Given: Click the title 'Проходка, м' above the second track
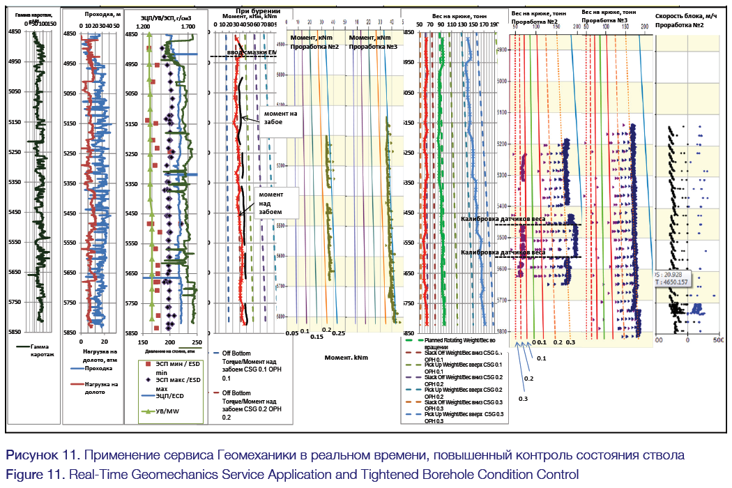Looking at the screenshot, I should [x=102, y=14].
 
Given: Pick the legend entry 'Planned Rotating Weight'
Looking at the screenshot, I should [x=460, y=343].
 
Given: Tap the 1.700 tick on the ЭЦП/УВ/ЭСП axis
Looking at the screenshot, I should [x=188, y=26].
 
